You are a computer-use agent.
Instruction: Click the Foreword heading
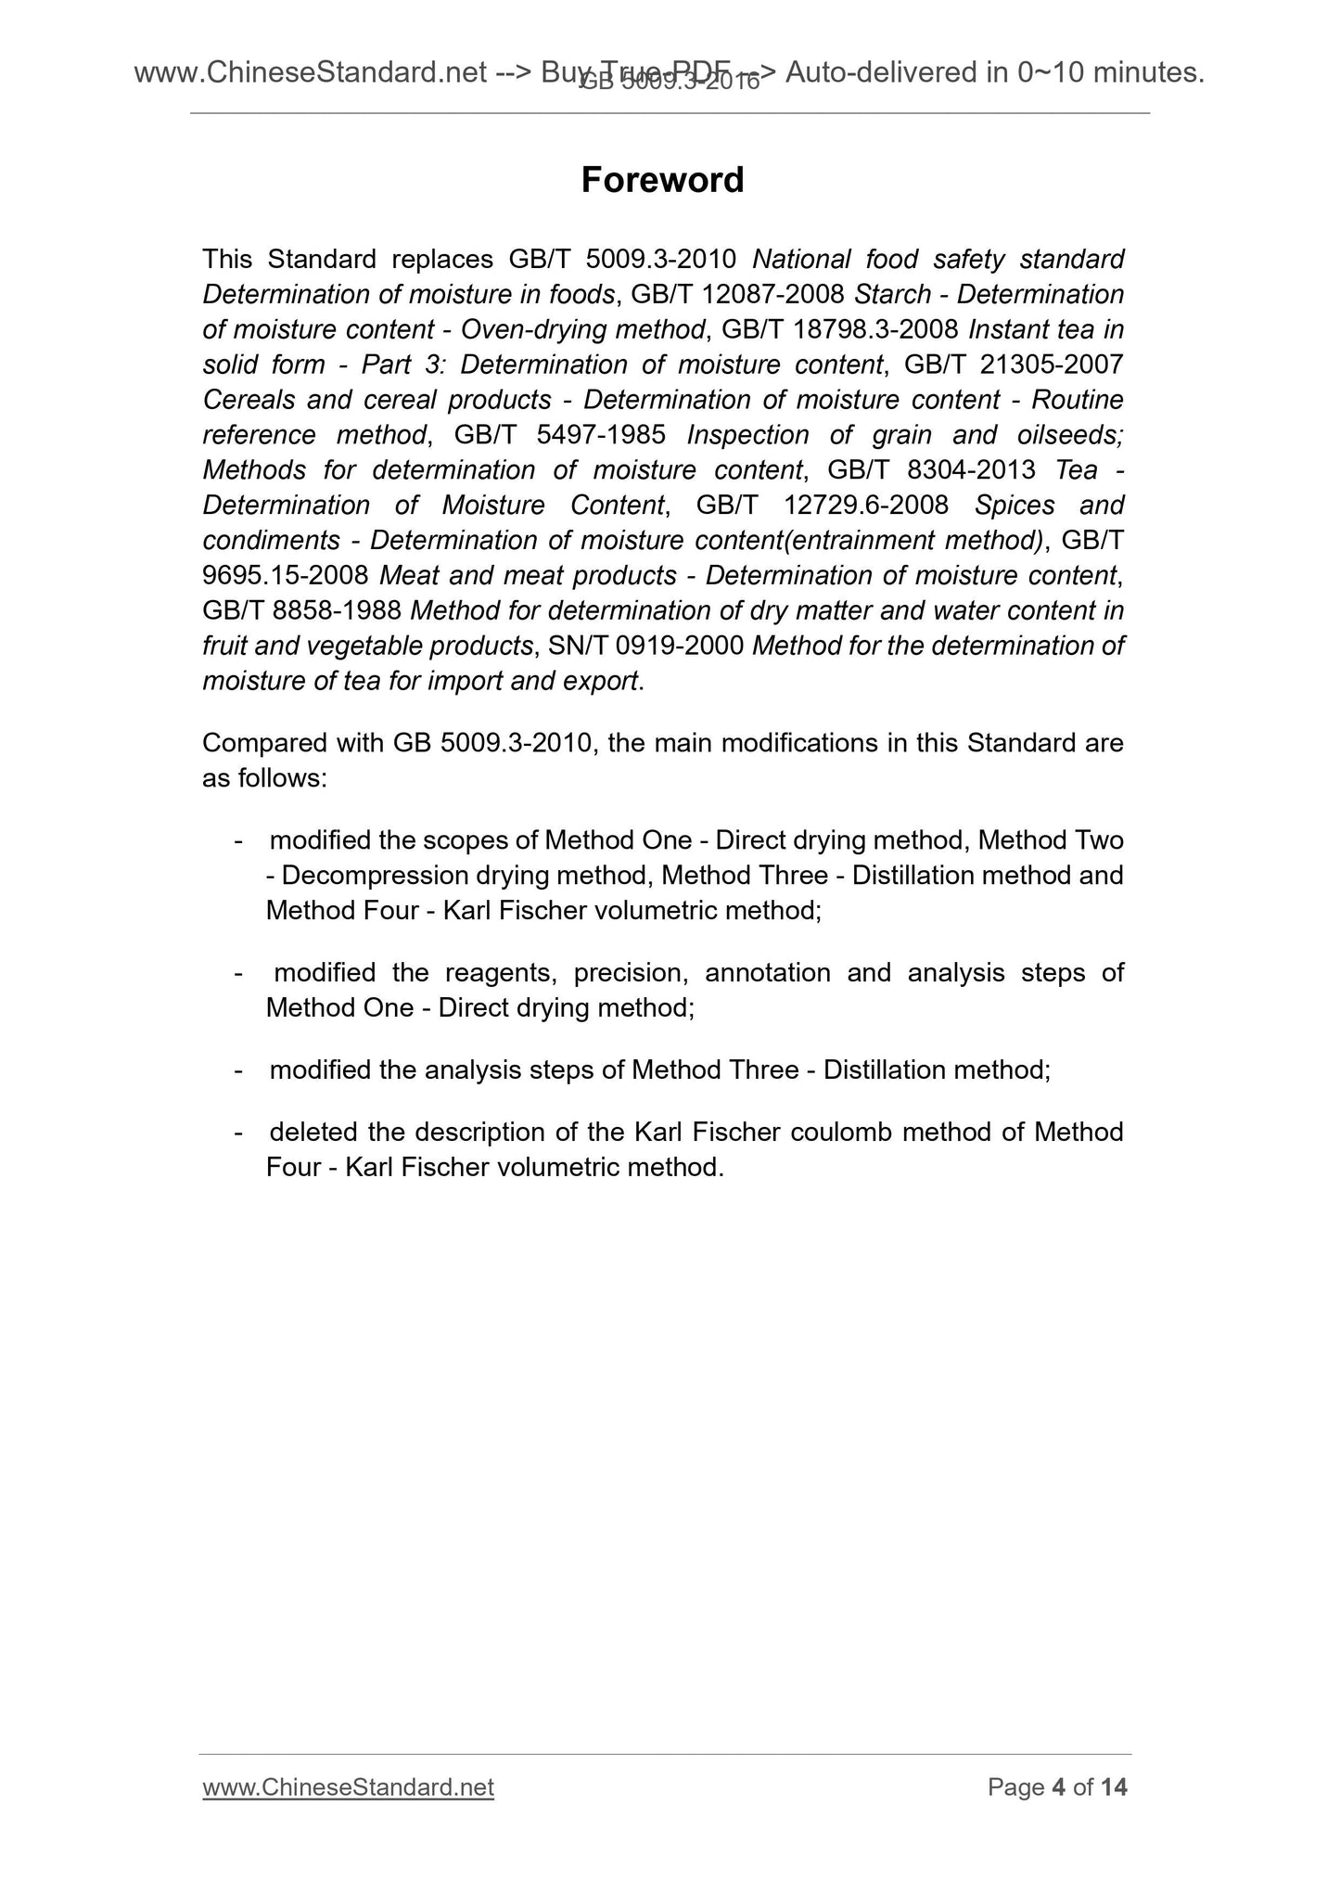[662, 180]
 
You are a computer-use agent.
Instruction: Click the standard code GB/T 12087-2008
[737, 294]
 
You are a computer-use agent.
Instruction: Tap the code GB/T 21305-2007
[1013, 365]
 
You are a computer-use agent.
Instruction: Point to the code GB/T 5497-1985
[560, 435]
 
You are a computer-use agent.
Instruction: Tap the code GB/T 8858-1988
[301, 611]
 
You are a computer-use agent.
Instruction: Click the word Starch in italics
[892, 294]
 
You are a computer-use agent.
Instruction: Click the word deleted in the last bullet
[313, 1133]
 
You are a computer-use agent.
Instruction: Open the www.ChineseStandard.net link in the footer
[348, 1787]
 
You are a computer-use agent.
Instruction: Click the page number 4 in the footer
[1057, 1787]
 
